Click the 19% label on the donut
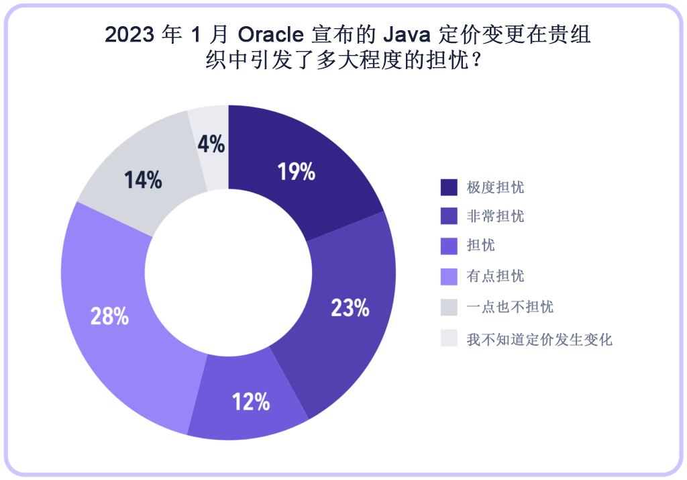point(297,172)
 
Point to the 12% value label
point(251,401)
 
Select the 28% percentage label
point(109,316)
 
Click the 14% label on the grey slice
point(143,179)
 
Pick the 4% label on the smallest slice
point(211,144)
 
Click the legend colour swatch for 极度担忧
point(449,187)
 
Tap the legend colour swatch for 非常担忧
point(449,216)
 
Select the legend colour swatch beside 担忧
point(449,246)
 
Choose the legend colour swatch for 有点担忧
point(449,276)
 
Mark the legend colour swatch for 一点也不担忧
point(449,307)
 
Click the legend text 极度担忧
point(495,187)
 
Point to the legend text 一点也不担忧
point(510,307)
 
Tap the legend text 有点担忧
point(495,276)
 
